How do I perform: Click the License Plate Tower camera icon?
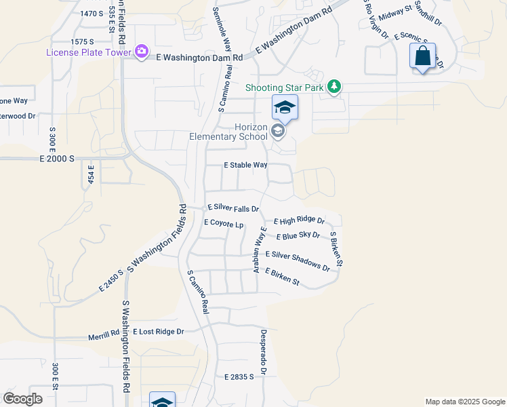(142, 52)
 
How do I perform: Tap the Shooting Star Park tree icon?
(333, 87)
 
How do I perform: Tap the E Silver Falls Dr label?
(233, 208)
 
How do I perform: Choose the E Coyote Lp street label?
(223, 223)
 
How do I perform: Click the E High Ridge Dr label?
(299, 221)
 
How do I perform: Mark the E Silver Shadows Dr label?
(298, 260)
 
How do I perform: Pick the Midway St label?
(396, 13)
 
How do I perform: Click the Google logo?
(22, 399)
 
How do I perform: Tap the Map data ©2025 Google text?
(464, 402)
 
